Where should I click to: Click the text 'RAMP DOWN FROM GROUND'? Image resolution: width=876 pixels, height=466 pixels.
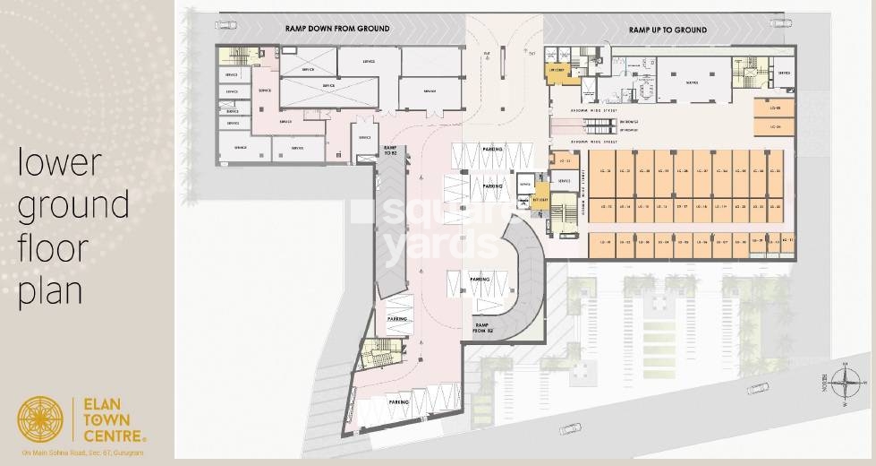[x=337, y=29]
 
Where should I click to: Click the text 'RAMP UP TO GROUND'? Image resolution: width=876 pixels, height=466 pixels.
[x=668, y=30]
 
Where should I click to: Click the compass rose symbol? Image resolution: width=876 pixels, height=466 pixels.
[x=845, y=383]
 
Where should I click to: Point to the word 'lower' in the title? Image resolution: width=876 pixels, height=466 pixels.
[x=60, y=165]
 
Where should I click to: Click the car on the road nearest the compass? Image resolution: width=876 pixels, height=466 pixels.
[x=757, y=388]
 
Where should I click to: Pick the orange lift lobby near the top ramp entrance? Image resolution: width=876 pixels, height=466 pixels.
[x=561, y=72]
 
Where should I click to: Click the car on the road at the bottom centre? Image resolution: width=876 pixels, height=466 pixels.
[x=570, y=428]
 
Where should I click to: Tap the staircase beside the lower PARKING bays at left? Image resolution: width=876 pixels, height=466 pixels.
[x=379, y=351]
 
